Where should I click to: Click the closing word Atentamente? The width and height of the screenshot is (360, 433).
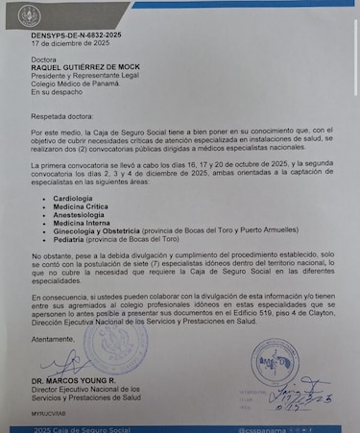pos(53,339)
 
